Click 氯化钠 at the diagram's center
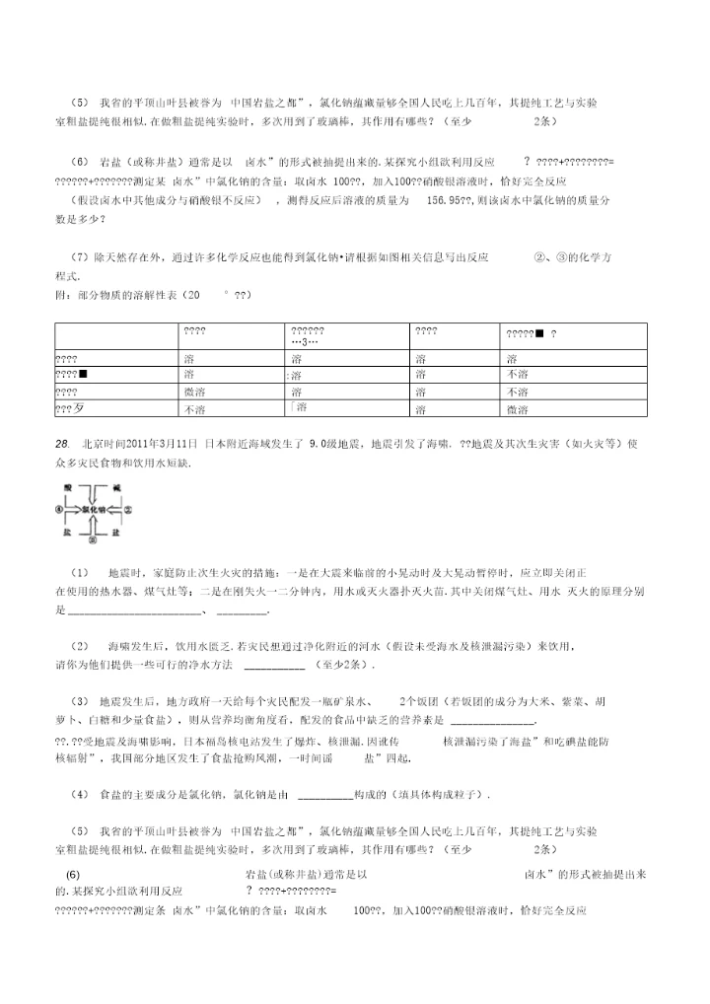click(x=93, y=510)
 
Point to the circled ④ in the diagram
click(x=59, y=510)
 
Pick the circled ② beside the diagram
click(x=127, y=510)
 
